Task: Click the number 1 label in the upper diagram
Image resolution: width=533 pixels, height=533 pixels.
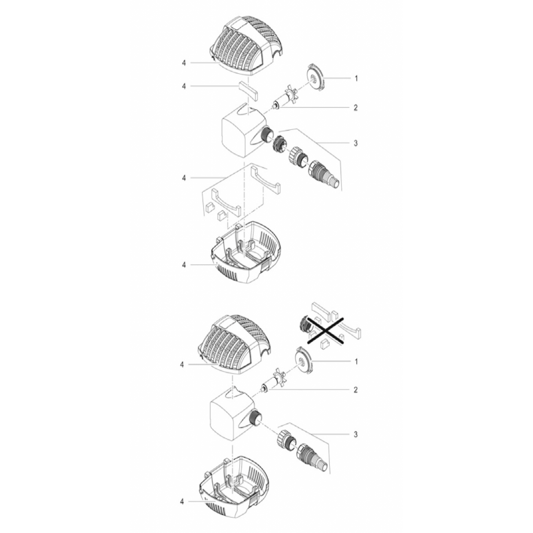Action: click(x=356, y=79)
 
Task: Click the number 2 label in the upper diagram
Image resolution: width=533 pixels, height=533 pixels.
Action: click(x=356, y=108)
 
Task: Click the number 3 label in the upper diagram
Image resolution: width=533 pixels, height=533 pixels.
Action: click(x=356, y=143)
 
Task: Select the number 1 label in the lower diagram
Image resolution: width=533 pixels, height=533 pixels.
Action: click(x=356, y=362)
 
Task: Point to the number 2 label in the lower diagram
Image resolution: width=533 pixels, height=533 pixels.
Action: click(x=356, y=390)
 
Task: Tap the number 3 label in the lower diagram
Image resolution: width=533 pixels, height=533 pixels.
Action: click(x=356, y=434)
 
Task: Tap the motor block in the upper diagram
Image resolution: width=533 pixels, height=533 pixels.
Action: click(x=244, y=131)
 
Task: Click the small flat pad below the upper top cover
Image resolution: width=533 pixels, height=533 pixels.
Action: click(x=247, y=91)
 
